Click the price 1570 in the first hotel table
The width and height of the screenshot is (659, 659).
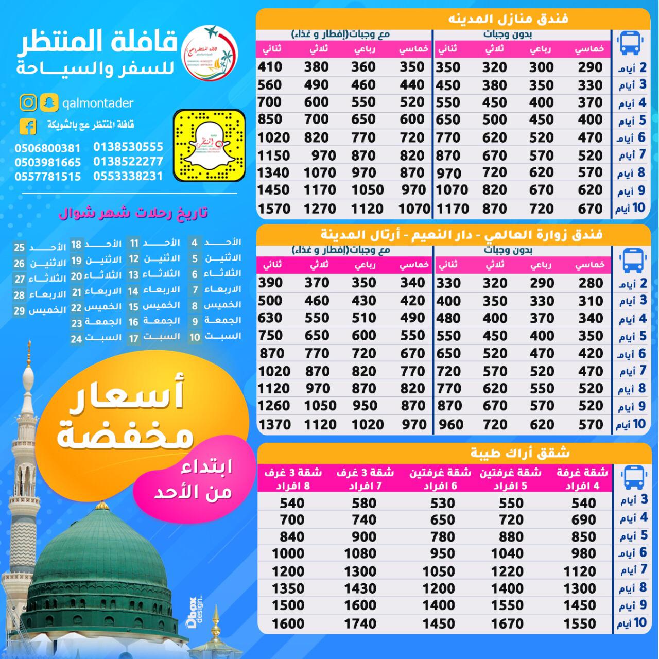[x=273, y=209]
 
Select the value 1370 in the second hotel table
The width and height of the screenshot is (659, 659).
[x=274, y=425]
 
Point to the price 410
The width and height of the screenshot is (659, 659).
[x=270, y=67]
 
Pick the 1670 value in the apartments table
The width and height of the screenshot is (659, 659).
[x=507, y=623]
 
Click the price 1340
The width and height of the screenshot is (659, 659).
[x=273, y=173]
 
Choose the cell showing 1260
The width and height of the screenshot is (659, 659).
[x=273, y=406]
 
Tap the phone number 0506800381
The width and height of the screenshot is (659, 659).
[x=47, y=148]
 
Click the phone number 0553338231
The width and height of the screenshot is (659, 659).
[x=128, y=176]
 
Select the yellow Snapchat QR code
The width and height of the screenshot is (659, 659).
[x=209, y=145]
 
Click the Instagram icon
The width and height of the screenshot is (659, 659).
[x=29, y=103]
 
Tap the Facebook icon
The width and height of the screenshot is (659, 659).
[x=28, y=126]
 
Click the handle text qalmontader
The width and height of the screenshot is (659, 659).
[x=97, y=103]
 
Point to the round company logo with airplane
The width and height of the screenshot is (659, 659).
[x=211, y=54]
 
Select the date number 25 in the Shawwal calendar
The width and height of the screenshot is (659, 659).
[x=19, y=248]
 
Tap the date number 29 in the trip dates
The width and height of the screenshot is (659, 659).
[x=19, y=310]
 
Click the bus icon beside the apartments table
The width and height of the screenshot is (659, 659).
[x=631, y=477]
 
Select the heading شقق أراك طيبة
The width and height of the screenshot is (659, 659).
[x=520, y=453]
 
